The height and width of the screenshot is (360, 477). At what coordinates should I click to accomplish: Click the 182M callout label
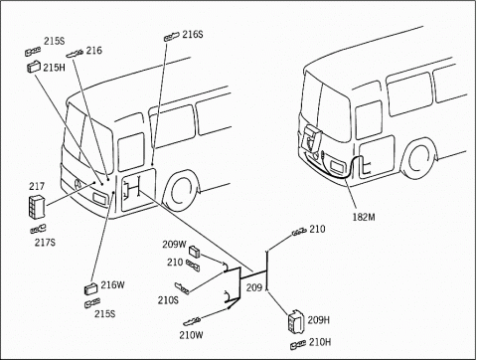click(364, 217)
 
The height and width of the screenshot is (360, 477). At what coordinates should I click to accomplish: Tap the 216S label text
click(193, 34)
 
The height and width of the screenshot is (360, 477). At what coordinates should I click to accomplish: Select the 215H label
click(54, 68)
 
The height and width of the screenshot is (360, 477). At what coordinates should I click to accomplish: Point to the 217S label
click(45, 243)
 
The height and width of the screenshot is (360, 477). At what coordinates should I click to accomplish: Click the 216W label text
click(112, 285)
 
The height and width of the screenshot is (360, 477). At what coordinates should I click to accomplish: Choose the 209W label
click(175, 245)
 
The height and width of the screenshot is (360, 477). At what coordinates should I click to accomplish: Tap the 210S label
click(168, 300)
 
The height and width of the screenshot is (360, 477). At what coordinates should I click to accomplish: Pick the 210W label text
click(191, 335)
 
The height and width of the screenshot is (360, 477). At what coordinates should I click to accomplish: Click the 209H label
click(319, 320)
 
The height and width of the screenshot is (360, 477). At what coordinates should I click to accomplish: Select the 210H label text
click(320, 342)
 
